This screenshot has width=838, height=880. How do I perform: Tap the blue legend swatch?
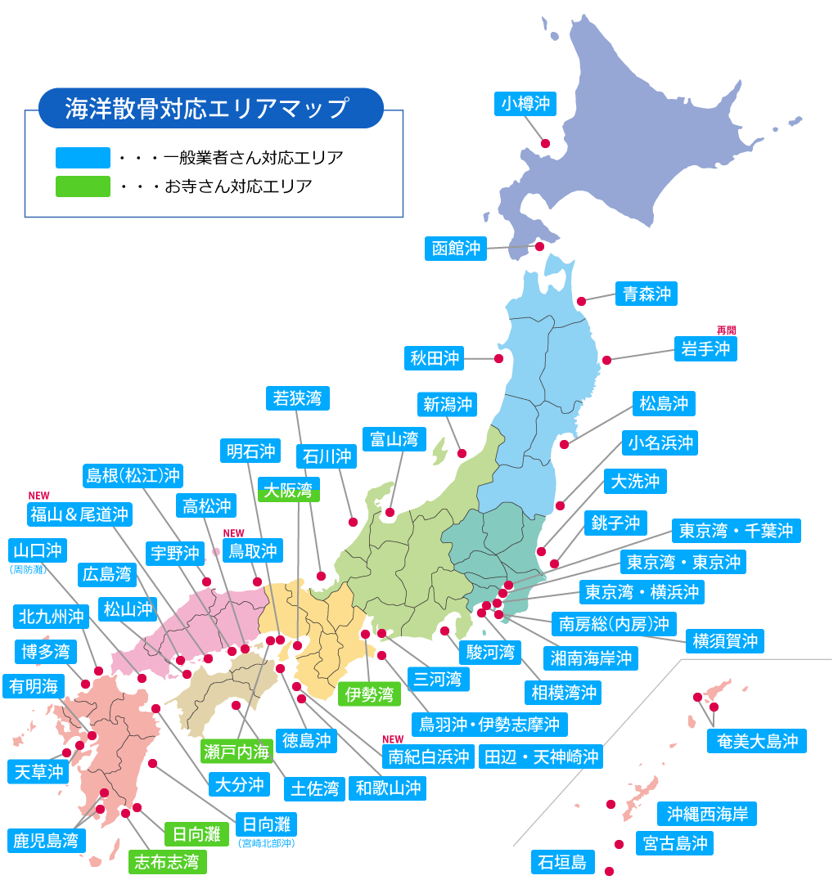(83, 158)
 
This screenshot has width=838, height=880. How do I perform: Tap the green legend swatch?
(83, 186)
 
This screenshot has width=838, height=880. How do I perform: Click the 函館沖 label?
(456, 248)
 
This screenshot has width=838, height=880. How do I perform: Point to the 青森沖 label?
(646, 294)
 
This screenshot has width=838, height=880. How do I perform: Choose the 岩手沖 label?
(705, 348)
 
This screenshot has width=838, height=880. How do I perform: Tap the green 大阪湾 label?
(287, 490)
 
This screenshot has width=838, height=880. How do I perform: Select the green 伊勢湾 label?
(369, 694)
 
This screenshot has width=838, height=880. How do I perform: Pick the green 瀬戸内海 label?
(237, 750)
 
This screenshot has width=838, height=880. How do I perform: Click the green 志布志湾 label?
(167, 861)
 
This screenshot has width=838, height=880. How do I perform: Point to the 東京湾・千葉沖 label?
(736, 531)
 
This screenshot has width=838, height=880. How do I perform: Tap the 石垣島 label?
(561, 861)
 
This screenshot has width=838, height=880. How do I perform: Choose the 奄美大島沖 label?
(757, 741)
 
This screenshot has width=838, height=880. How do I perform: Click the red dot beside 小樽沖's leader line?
(545, 143)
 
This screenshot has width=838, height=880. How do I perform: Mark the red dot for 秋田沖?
(498, 358)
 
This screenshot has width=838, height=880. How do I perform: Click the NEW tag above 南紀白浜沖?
(393, 739)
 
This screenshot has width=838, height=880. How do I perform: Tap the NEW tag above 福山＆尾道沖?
(39, 496)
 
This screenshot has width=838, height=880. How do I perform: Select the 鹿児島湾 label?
(45, 840)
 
